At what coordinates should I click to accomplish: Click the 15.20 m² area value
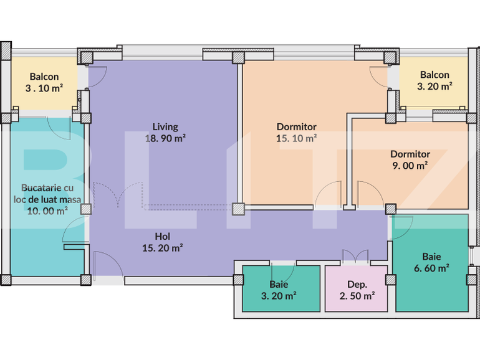coord(162,248)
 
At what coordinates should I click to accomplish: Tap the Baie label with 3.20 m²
coord(279,285)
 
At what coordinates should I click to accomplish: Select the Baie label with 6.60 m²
coord(431,256)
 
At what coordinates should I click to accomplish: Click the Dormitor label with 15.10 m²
coord(297,127)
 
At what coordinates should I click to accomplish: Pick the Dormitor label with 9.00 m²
coord(410,154)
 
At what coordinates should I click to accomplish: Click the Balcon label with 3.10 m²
coord(44,77)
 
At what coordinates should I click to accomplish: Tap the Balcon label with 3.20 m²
coord(434,75)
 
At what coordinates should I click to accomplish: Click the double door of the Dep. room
coord(356,257)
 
